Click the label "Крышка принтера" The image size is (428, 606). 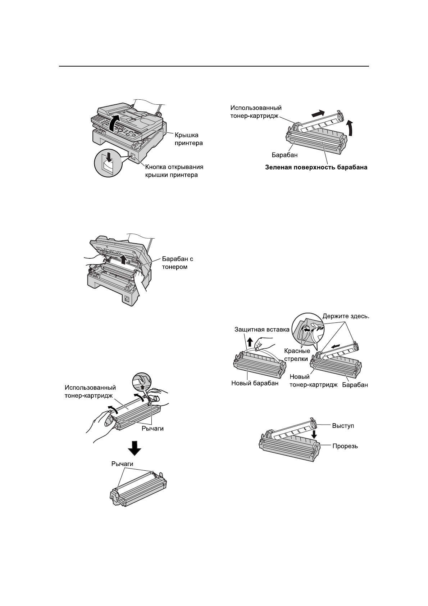(189, 139)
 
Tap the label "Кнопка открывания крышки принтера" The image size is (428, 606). (174, 171)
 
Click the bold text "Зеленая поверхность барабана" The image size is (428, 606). (316, 167)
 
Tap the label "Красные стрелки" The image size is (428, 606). (297, 354)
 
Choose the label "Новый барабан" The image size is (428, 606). (255, 383)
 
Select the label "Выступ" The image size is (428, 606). (343, 426)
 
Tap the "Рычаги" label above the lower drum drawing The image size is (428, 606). (122, 464)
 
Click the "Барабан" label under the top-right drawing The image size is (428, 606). (282, 155)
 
